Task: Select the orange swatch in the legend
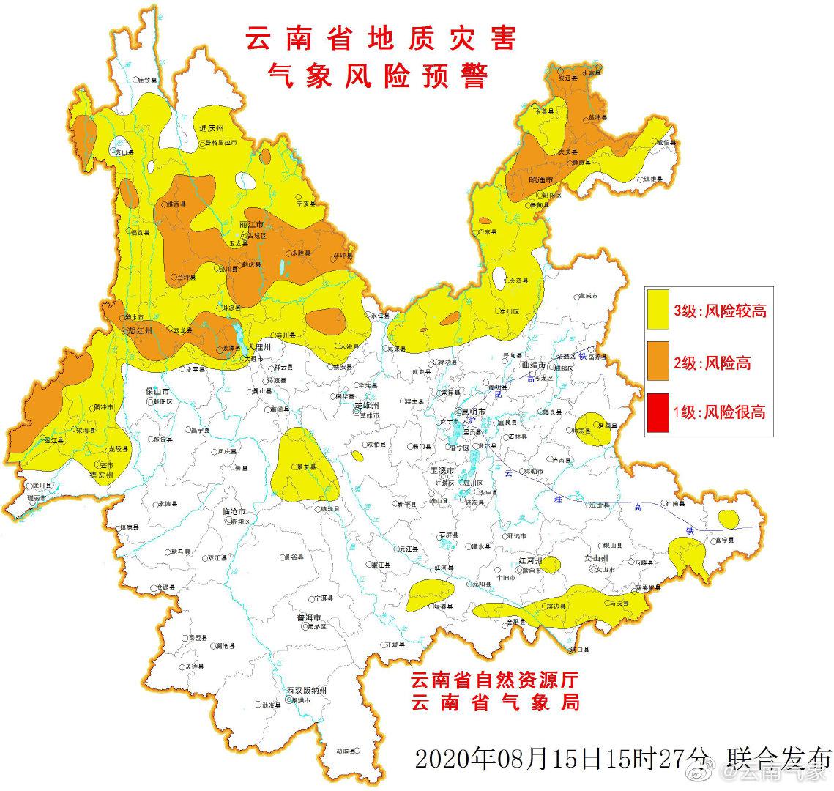click(x=658, y=361)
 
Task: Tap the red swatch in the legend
click(x=658, y=412)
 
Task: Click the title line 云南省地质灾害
click(x=380, y=38)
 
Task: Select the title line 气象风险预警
click(x=380, y=75)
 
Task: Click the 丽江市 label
click(x=251, y=223)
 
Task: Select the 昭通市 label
click(x=540, y=179)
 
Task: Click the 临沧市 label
click(x=233, y=512)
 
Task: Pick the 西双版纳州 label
click(x=307, y=691)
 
